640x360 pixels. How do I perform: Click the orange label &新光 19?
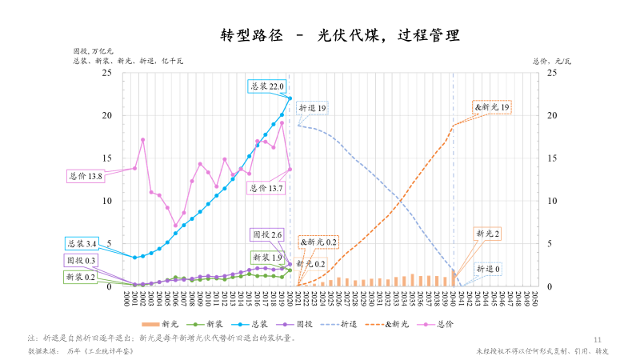click(x=492, y=106)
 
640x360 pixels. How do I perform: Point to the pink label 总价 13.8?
click(x=85, y=176)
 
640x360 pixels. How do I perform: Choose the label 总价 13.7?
click(x=267, y=188)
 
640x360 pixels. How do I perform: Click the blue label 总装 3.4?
click(x=81, y=243)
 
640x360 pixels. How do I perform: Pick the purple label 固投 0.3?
click(x=80, y=261)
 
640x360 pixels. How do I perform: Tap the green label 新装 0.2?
click(x=80, y=277)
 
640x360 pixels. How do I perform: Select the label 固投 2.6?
click(x=267, y=235)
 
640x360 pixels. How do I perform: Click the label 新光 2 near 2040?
click(x=488, y=234)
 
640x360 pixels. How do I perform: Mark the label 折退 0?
click(x=488, y=269)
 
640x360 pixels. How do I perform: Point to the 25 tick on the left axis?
click(x=107, y=73)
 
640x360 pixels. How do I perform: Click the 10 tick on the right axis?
click(x=550, y=201)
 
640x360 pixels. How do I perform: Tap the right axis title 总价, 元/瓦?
click(x=552, y=60)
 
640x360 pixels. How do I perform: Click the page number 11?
click(x=598, y=339)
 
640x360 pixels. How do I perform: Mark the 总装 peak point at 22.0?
click(x=290, y=98)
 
